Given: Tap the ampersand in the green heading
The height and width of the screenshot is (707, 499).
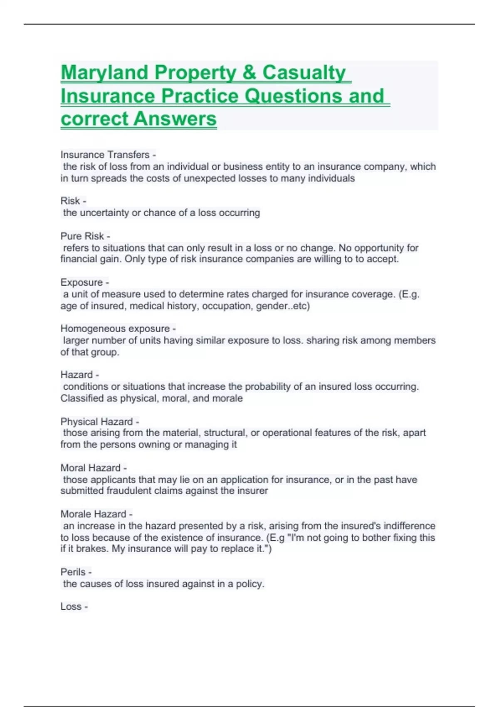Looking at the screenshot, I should (249, 73).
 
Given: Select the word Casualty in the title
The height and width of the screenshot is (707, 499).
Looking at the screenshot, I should (304, 73).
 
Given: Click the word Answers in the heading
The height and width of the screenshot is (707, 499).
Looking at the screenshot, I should (175, 119).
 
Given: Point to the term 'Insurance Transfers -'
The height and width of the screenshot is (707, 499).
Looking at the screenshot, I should (108, 155).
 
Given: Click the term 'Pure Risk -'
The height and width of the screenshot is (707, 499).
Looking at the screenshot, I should (85, 236).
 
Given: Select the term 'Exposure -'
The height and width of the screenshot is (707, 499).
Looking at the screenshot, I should (85, 282).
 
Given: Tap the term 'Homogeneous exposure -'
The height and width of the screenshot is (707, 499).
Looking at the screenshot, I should (118, 329).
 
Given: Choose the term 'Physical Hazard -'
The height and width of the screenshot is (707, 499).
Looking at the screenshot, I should (100, 421).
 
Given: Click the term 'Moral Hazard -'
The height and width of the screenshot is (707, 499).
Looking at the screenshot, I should (94, 468).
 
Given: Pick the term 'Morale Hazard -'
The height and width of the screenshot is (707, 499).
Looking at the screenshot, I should (96, 514).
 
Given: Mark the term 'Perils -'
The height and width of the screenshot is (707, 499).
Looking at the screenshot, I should (76, 572).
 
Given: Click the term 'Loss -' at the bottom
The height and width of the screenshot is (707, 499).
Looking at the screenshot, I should (74, 606).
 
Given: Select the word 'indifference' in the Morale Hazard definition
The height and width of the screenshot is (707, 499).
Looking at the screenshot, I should (409, 526).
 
